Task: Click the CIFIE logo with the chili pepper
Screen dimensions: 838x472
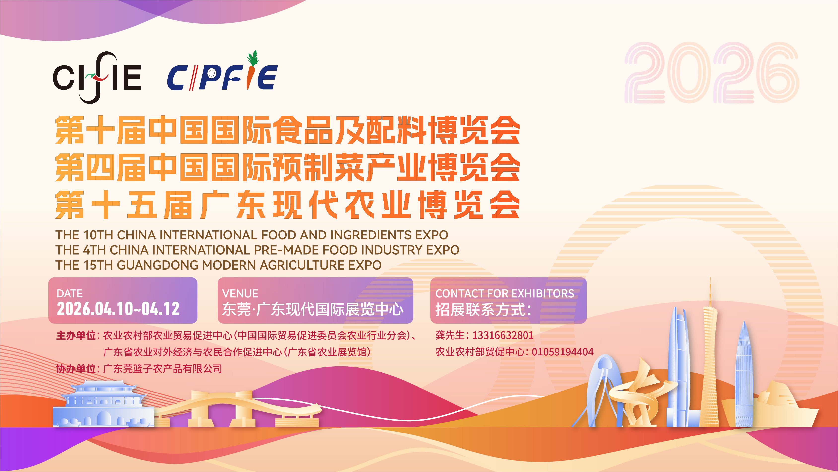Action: click(x=97, y=77)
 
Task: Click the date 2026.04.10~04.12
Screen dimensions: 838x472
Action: click(x=118, y=309)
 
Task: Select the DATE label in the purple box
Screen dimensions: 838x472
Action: click(x=70, y=293)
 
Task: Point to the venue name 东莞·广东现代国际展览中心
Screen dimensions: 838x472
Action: click(x=313, y=309)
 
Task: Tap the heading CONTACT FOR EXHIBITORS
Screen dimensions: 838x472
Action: click(x=505, y=293)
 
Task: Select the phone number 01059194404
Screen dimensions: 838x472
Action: click(x=562, y=352)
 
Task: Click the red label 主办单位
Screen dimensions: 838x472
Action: click(x=75, y=335)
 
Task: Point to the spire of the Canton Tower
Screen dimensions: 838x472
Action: click(x=710, y=291)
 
